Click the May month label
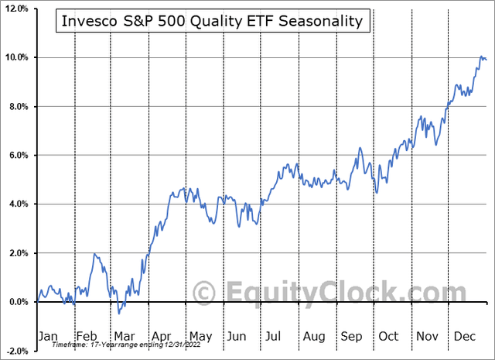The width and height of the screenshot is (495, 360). point(200,337)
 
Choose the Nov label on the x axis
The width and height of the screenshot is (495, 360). point(426,337)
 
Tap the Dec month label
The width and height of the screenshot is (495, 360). point(464,337)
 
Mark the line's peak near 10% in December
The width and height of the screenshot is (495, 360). point(482,57)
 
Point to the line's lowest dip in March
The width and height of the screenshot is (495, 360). point(119,313)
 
